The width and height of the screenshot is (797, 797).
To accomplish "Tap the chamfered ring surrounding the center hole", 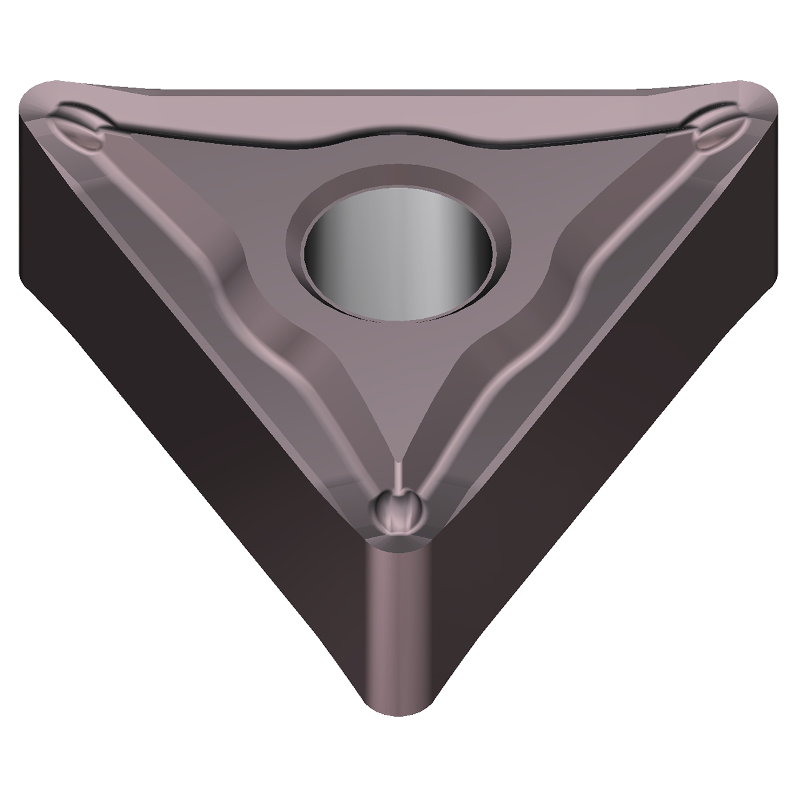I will point(398,177).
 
